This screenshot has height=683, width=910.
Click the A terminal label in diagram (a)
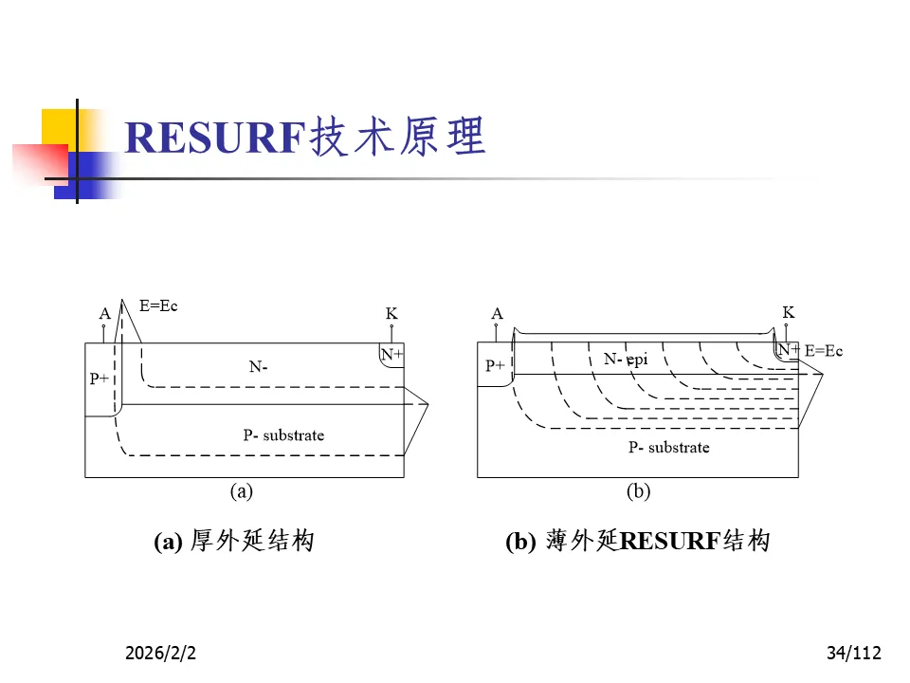104,314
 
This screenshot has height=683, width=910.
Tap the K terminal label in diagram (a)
391,314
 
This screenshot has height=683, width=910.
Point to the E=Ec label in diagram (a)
158,306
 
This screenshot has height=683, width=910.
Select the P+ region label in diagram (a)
100,378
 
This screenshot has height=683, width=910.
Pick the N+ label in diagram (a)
391,355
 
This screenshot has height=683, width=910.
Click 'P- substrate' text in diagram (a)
283,435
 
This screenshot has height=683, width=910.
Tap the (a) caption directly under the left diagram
242,491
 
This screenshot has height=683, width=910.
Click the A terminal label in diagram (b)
497,314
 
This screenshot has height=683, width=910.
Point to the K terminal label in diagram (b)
788,313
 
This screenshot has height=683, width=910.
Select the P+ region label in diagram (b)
495,365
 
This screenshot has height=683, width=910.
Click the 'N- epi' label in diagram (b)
626,360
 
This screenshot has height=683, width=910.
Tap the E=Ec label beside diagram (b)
823,351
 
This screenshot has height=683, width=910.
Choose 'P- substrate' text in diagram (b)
668,448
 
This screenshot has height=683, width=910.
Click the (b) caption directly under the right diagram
638,491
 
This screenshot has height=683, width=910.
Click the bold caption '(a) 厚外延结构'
233,542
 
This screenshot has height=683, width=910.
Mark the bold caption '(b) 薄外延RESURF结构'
637,542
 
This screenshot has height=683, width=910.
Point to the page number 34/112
853,653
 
